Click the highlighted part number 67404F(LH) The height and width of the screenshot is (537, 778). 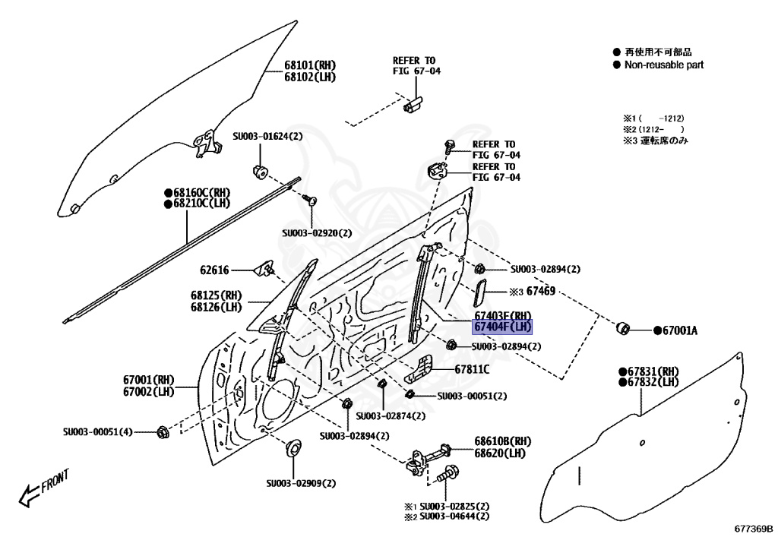pyautogui.click(x=503, y=327)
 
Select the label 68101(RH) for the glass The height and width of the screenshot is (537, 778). pyautogui.click(x=310, y=65)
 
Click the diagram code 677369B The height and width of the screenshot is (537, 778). pyautogui.click(x=753, y=529)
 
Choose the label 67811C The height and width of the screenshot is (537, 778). pyautogui.click(x=472, y=370)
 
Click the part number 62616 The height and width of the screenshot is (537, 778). pyautogui.click(x=215, y=270)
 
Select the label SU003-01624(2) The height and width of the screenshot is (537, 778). pyautogui.click(x=267, y=137)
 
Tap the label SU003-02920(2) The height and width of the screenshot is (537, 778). pyautogui.click(x=317, y=233)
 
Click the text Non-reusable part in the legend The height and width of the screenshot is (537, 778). pyautogui.click(x=663, y=65)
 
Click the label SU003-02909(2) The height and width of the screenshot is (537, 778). pyautogui.click(x=301, y=483)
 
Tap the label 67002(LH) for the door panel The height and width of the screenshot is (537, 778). pyautogui.click(x=149, y=392)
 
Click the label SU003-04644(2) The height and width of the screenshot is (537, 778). pyautogui.click(x=454, y=517)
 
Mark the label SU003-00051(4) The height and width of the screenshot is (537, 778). pyautogui.click(x=98, y=432)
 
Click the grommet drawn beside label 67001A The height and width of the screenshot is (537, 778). pyautogui.click(x=622, y=328)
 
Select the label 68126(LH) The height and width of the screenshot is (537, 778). pyautogui.click(x=216, y=307)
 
